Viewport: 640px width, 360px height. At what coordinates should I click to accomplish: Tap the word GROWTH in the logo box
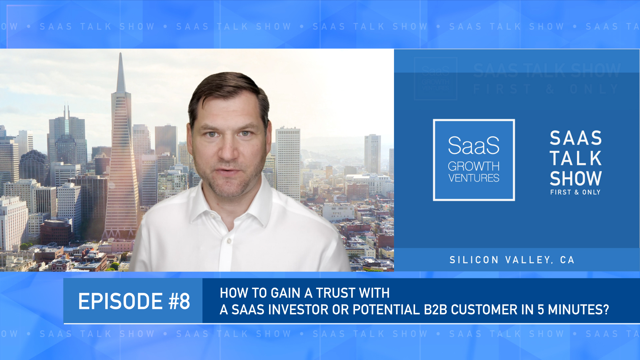tap(473, 166)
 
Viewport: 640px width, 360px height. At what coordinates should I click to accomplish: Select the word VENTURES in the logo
tap(474, 178)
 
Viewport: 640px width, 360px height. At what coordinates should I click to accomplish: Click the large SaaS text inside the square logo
tap(474, 146)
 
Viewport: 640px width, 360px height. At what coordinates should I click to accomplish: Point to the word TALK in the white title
tap(575, 158)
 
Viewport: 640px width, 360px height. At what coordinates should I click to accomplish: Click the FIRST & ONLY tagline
tap(575, 192)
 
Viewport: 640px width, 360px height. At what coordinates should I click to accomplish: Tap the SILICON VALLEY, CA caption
tap(512, 260)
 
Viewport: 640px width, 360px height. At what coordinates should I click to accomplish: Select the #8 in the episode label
tap(179, 301)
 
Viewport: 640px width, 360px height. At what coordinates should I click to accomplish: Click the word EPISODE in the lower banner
tap(120, 301)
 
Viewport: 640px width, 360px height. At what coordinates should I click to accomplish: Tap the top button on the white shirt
tap(229, 241)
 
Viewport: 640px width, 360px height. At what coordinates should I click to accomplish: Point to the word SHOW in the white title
tap(575, 179)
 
